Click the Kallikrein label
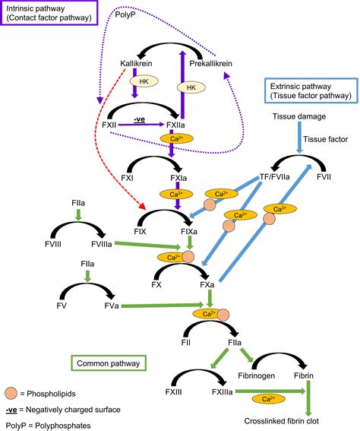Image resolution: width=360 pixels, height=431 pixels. click(138, 63)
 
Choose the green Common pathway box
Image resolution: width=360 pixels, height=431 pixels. click(107, 364)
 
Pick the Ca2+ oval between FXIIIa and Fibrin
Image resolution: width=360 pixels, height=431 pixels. click(267, 398)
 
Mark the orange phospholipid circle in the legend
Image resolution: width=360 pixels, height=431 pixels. click(11, 394)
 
